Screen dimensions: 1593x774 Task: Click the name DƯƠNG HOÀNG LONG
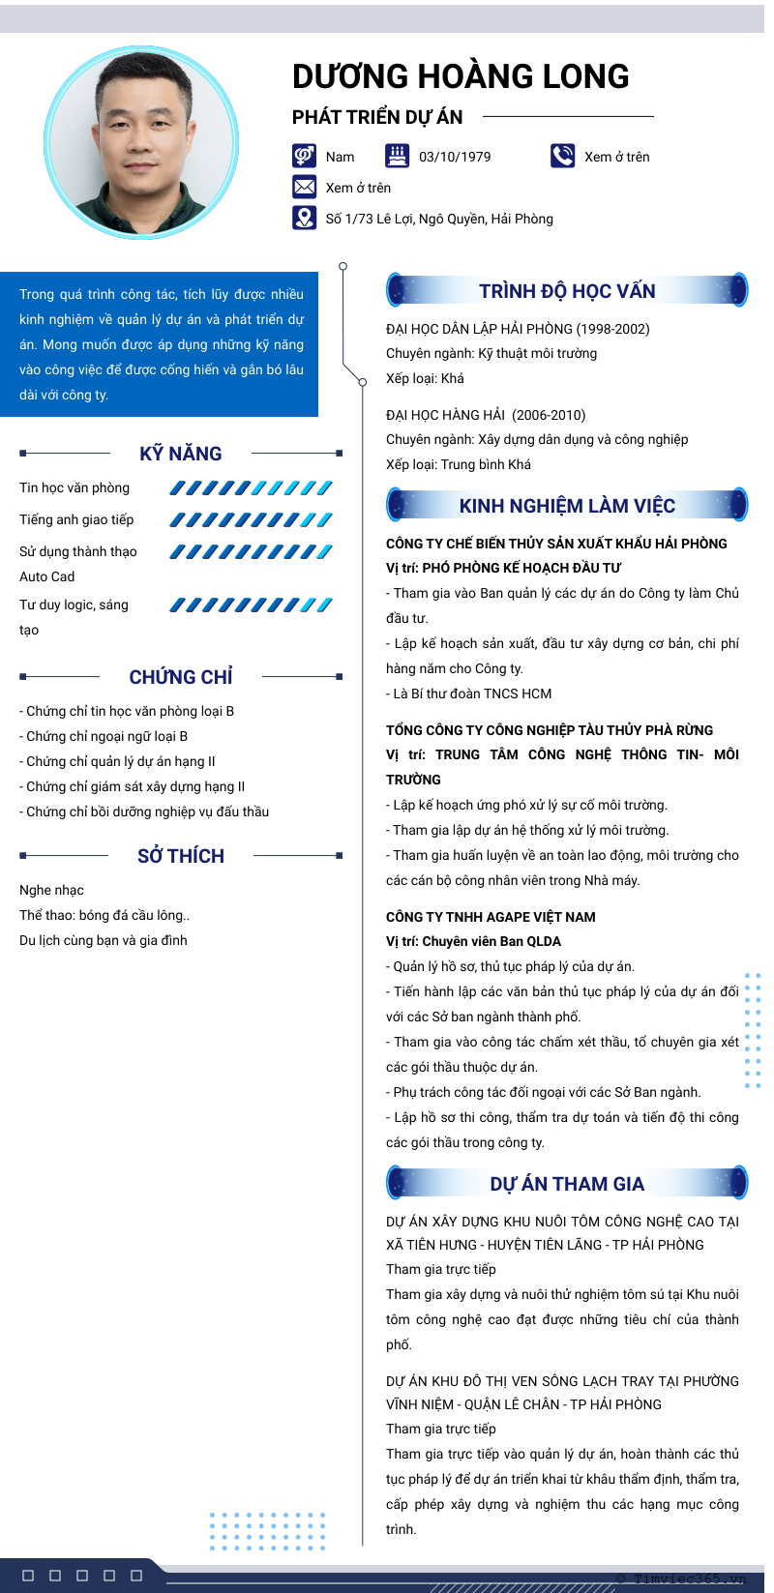[x=461, y=76]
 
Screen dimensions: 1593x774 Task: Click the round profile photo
[x=141, y=142]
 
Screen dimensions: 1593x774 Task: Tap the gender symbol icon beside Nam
[x=304, y=156]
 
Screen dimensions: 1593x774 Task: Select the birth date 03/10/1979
[x=455, y=157]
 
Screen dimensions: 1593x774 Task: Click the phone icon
[x=562, y=156]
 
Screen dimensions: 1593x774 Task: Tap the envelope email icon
[x=304, y=187]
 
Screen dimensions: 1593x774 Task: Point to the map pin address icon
[x=304, y=218]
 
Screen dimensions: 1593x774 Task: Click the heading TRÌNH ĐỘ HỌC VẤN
[x=567, y=291]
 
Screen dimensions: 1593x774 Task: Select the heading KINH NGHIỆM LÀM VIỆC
[x=567, y=506]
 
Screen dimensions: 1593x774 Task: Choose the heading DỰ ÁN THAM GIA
[x=567, y=1184]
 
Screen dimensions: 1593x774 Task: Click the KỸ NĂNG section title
[x=181, y=454]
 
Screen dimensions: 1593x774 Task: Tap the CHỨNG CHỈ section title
[x=181, y=677]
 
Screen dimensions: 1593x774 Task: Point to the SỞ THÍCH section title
[x=181, y=856]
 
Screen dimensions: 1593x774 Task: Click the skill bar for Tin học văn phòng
[x=251, y=488]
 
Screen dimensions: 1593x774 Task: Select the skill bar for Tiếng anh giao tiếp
[x=251, y=520]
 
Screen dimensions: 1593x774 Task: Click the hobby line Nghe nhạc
[x=52, y=890]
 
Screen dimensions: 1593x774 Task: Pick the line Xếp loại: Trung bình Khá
[x=459, y=464]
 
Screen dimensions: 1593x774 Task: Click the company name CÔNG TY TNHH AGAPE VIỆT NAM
[x=491, y=917]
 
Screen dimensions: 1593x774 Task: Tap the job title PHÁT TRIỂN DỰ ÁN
[x=377, y=117]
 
